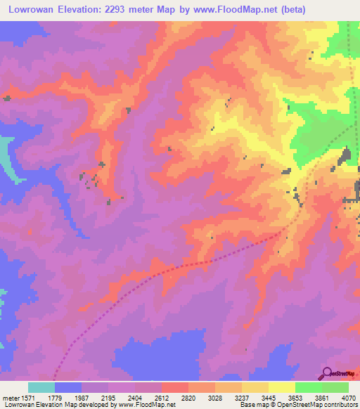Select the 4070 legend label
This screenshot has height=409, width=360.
click(350, 398)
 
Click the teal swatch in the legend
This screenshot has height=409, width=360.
click(41, 387)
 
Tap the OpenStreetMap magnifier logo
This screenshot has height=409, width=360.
click(326, 373)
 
